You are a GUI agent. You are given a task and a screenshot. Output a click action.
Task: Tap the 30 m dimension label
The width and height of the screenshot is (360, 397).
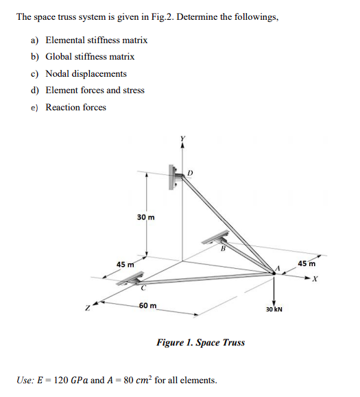[x=145, y=217]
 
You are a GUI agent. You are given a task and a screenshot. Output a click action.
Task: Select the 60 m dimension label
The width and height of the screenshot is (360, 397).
[x=147, y=305]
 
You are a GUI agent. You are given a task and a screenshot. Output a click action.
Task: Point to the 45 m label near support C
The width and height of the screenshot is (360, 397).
[x=125, y=264]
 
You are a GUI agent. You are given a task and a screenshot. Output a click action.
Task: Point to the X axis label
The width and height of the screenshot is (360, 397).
[x=316, y=280]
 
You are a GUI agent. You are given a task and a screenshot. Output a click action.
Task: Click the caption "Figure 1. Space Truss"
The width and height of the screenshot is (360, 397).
[x=200, y=342]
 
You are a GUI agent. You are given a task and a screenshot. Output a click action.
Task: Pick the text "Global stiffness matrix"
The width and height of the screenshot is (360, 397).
[x=90, y=57]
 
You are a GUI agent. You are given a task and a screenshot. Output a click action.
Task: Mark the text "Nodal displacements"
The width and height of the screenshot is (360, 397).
[x=86, y=73]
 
